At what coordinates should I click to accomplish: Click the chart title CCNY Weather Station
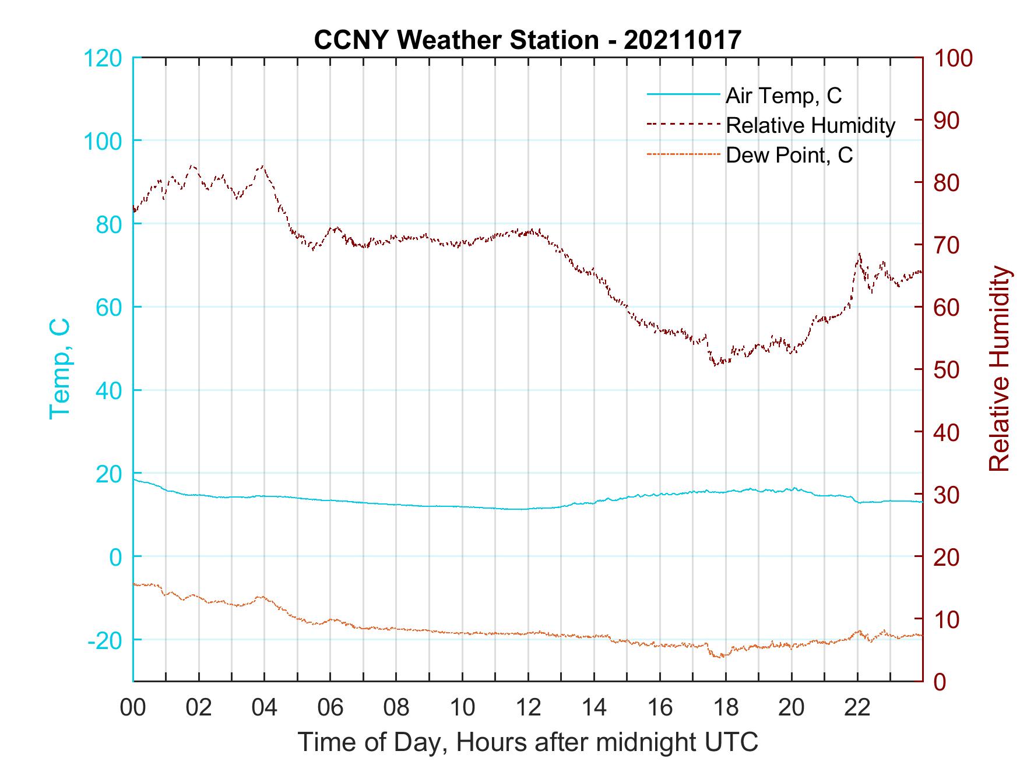[527, 40]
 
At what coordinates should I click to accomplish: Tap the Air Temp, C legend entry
[783, 96]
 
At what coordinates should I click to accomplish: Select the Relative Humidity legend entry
[810, 125]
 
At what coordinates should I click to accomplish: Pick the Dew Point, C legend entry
[789, 156]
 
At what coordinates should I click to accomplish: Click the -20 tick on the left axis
[104, 640]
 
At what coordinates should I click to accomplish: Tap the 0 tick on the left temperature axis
[116, 557]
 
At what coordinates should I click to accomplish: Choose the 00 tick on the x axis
[133, 708]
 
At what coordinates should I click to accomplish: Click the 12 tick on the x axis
[528, 708]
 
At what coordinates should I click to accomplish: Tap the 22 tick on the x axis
[857, 708]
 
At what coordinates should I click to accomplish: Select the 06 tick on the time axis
[330, 708]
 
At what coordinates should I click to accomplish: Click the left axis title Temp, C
[59, 369]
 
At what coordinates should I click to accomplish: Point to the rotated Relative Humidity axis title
[999, 369]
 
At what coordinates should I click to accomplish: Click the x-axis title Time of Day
[527, 742]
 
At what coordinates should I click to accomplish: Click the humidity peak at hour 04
[263, 166]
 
